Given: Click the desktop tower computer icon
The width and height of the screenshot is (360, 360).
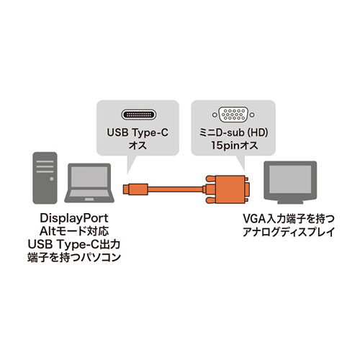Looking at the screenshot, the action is pos(45,178).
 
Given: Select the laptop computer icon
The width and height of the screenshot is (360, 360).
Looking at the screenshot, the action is pos(89,183).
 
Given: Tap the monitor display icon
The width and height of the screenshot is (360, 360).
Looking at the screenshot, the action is pos(290,182).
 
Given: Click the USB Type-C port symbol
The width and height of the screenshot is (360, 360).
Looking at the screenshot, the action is pos(139,114).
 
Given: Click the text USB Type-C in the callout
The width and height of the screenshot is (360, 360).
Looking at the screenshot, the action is pos(138,132).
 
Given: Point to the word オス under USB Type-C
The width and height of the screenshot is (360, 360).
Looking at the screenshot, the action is pos(138,145).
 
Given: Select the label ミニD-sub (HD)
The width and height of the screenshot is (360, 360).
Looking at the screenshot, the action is pos(233,132).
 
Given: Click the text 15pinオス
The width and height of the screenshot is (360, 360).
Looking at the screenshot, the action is pos(234,145).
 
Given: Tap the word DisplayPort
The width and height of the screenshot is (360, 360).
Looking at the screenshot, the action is pos(74,218).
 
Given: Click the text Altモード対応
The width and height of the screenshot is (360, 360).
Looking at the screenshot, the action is pos(74,231).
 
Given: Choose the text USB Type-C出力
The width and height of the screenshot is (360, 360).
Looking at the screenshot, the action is pos(74,244).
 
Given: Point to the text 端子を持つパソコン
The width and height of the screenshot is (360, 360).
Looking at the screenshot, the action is pos(74,257).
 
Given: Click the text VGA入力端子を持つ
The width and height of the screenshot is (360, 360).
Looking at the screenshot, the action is pos(289,219).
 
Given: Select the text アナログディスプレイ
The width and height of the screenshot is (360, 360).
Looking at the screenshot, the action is pos(289,232).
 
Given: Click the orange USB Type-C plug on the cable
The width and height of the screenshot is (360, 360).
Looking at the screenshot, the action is pos(135,189).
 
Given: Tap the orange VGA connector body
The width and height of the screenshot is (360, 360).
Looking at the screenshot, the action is pos(228,189).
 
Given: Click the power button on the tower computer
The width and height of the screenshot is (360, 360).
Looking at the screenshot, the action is pos(51,179).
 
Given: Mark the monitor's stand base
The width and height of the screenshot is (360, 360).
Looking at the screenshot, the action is pos(290,202).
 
